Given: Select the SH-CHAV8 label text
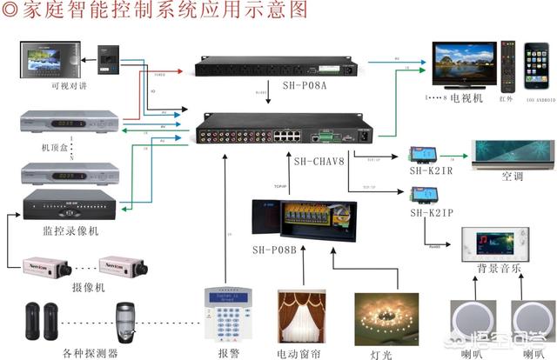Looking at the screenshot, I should pyautogui.click(x=320, y=160).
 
